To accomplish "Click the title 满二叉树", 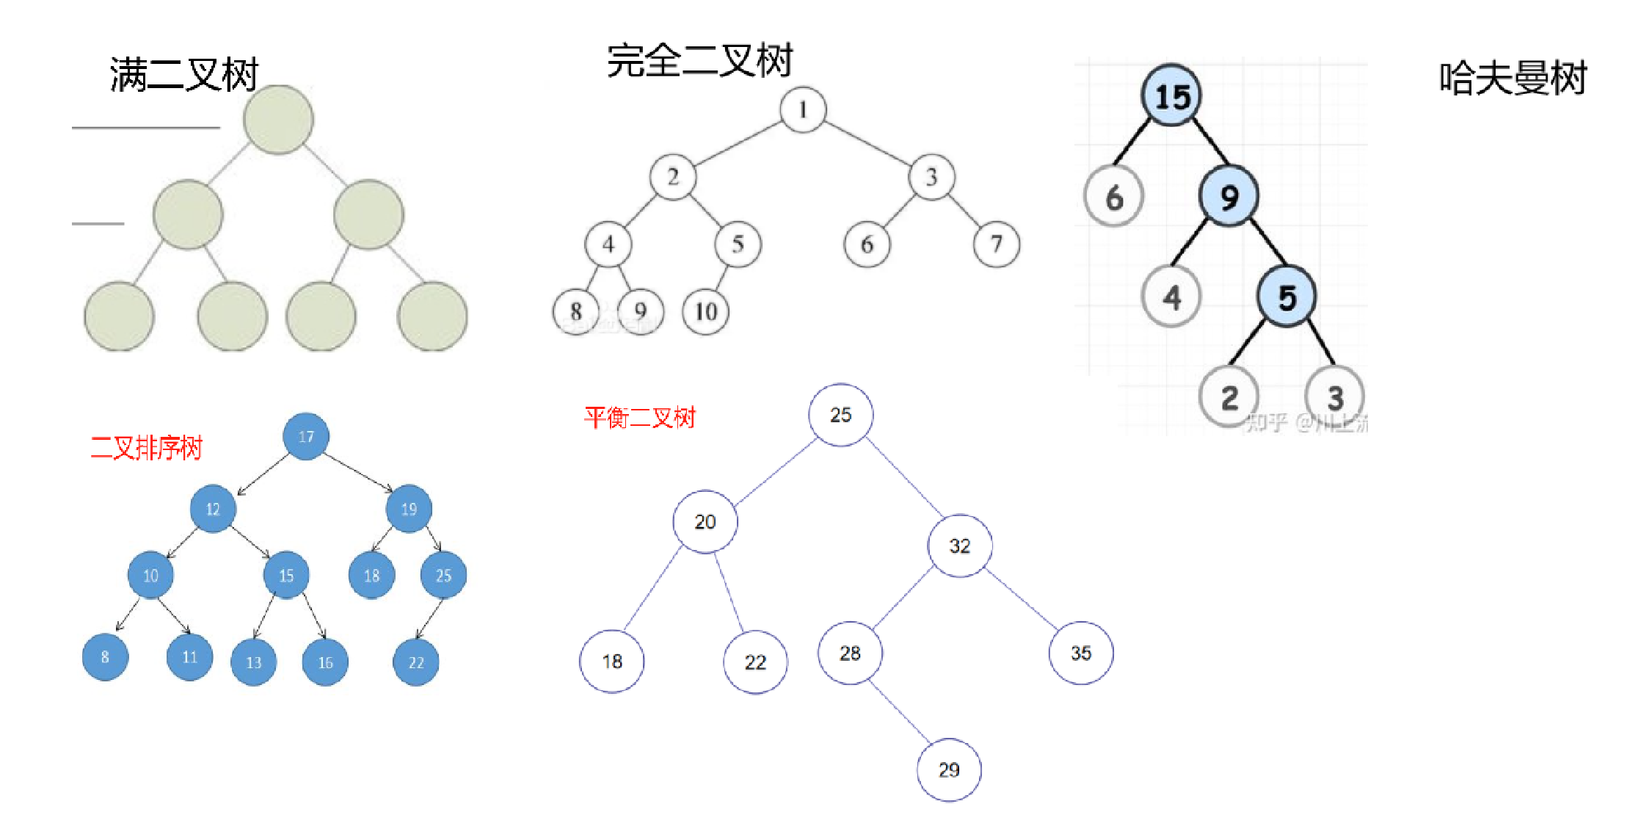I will pos(184,75).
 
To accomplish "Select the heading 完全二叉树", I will pos(699,60).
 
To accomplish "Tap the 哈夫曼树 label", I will pos(1513,78).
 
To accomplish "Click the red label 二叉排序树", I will pos(146,447).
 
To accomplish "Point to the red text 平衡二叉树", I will pos(639,418).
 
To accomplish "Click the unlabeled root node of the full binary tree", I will pos(278,120).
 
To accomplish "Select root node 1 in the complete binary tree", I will pos(803,110).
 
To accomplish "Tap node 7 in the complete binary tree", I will pos(996,244).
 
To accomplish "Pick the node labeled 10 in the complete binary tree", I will pos(705,312).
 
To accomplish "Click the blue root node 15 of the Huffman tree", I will pos(1171,96).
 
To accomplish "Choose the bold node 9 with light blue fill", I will pos(1229,196).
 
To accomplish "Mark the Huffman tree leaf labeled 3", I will pos(1334,398).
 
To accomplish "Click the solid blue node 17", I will pos(306,437).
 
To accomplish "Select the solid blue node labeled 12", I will pos(213,509).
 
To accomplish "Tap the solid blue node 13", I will pos(253,662).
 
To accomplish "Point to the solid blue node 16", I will pos(325,662).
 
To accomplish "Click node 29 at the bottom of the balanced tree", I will pos(949,769).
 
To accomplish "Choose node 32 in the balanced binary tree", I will pos(960,546).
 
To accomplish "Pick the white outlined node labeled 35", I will pos(1081,653).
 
